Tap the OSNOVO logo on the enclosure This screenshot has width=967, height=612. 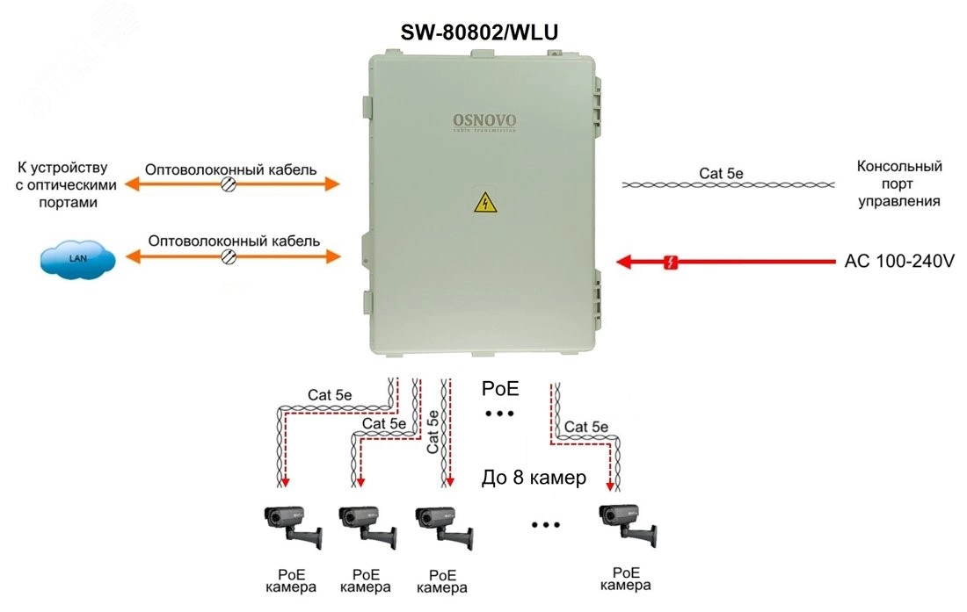(x=484, y=121)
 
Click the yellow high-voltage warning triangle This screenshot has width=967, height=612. (x=484, y=205)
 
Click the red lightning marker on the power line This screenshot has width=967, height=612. (x=672, y=262)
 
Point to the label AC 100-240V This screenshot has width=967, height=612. (x=899, y=262)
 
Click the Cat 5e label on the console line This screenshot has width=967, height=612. (x=722, y=173)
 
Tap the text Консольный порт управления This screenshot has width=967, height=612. (x=898, y=184)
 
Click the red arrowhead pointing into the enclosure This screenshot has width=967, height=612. (x=626, y=262)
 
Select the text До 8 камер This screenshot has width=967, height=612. (x=534, y=479)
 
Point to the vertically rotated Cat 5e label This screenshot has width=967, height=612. (x=433, y=431)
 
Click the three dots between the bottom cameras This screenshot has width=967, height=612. (x=546, y=525)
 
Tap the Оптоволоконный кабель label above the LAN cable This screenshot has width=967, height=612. (x=234, y=240)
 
